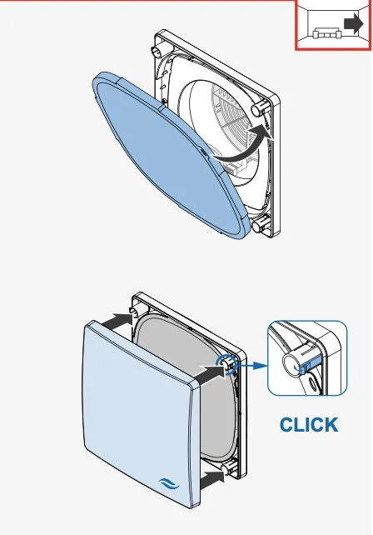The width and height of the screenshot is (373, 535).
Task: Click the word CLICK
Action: (x=309, y=425)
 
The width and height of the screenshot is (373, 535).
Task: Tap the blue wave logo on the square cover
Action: (x=169, y=484)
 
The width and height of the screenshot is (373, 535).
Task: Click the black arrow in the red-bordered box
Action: (x=354, y=24)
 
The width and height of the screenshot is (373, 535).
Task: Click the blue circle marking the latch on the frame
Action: (x=226, y=364)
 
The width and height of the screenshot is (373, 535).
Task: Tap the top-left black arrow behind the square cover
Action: (x=116, y=322)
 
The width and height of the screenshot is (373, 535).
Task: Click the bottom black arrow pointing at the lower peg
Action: (x=212, y=479)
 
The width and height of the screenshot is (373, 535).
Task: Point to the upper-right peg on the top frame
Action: (x=259, y=107)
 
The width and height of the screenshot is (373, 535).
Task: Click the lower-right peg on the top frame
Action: (x=260, y=224)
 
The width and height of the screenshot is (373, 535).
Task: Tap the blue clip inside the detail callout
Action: (x=310, y=363)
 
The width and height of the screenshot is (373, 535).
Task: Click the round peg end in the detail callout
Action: (x=292, y=365)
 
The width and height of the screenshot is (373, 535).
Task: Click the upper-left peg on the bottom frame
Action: (x=134, y=311)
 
